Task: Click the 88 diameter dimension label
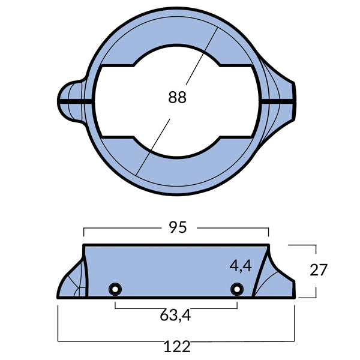click(x=178, y=97)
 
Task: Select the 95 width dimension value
click(x=178, y=227)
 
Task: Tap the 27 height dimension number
click(x=319, y=270)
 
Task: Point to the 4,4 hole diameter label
click(x=241, y=265)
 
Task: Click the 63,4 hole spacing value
click(x=176, y=316)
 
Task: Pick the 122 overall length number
click(x=176, y=346)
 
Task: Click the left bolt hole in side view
click(x=113, y=290)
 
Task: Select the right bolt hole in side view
click(x=237, y=290)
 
